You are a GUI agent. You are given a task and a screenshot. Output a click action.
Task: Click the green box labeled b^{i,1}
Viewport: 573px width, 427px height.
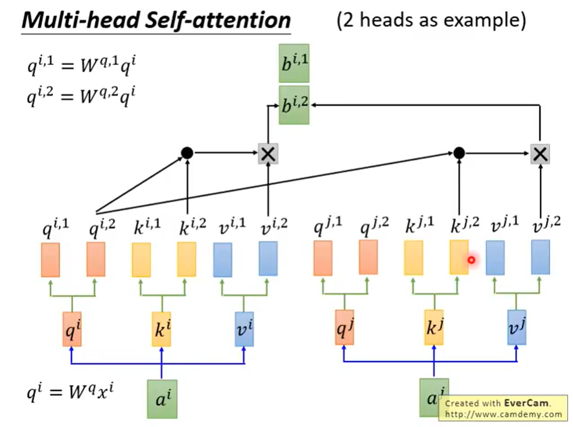(294, 63)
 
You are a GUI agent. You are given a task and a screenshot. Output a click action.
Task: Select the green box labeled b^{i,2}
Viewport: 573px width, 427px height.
(294, 105)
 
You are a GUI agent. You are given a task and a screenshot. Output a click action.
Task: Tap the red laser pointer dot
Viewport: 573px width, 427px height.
(471, 260)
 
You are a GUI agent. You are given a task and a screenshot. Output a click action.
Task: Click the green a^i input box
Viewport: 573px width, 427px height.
(162, 399)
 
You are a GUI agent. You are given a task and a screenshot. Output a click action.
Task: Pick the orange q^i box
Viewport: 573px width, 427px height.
(72, 329)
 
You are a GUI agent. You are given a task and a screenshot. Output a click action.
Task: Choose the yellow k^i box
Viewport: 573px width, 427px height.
(162, 329)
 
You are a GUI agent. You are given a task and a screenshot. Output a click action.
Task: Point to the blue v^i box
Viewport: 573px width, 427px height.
(244, 329)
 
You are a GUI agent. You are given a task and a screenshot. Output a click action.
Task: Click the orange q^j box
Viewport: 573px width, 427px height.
(345, 328)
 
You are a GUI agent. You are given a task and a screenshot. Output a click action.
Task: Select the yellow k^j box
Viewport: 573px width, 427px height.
(434, 328)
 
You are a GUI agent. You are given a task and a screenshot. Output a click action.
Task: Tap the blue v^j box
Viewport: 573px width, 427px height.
(516, 328)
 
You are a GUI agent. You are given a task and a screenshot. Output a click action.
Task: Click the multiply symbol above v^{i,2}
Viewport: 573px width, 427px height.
(268, 153)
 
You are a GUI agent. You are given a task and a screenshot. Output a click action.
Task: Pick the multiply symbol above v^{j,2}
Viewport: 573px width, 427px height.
(540, 153)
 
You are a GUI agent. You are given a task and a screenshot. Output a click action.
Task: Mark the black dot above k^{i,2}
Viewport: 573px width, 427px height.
(187, 153)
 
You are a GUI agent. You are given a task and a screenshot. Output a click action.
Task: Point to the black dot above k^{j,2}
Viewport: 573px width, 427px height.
(459, 153)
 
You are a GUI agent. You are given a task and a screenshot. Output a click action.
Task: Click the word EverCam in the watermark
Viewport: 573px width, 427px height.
(526, 403)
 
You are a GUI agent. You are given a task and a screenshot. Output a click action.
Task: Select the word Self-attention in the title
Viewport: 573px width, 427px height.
(218, 20)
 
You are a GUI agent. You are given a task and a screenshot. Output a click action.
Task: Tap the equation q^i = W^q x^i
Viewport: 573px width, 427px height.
(70, 392)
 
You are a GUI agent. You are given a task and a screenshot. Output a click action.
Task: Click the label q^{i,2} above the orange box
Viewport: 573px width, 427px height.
(102, 227)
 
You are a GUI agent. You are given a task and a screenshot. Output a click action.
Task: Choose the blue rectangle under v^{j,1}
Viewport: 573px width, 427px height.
(495, 258)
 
